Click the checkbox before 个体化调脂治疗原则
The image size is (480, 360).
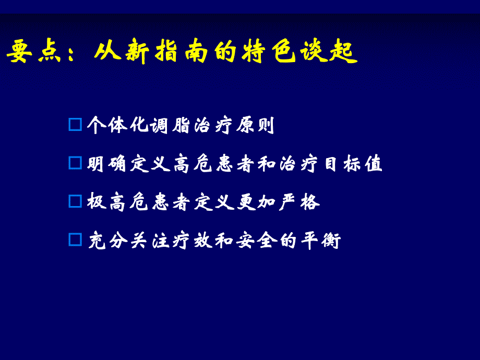76,125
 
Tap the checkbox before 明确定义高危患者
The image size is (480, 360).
76,163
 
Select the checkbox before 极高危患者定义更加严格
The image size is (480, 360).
76,201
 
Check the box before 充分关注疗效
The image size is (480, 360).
76,239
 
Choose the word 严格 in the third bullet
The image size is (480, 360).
299,202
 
